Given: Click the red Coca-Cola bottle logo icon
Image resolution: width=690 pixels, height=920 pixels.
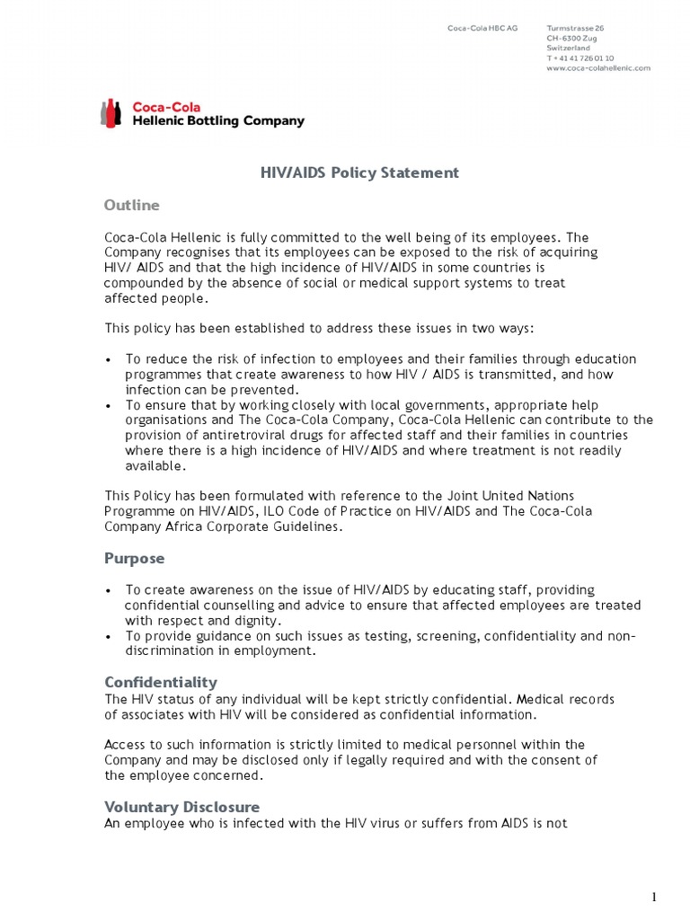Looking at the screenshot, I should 111,114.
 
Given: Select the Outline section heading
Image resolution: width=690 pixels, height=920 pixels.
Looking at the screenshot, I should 132,205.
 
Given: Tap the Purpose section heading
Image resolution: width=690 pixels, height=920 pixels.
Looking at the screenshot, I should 135,558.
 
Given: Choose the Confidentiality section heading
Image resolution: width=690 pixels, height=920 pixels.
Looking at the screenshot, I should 161,682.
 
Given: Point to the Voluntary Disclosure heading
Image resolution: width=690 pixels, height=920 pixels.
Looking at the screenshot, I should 182,806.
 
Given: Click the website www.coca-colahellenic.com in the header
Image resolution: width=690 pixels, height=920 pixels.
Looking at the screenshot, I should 597,68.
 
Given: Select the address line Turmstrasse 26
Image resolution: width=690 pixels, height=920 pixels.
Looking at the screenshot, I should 575,28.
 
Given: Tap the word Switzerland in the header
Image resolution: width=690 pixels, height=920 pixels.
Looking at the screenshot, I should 569,49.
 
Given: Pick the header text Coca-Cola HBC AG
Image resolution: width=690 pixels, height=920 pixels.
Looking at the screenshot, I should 482,28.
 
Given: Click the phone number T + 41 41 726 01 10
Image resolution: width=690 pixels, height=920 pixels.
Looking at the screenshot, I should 579,58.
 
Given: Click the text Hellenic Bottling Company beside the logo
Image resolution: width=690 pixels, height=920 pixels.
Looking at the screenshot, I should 218,121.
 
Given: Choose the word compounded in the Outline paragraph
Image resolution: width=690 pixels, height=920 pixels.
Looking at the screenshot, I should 145,283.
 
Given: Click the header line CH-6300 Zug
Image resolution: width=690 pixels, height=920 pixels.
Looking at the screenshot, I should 571,38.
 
